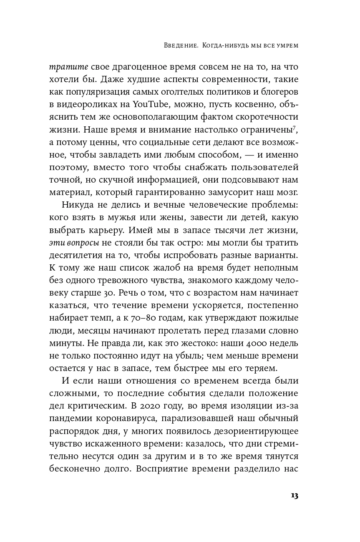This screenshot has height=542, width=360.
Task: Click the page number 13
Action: tap(294, 496)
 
